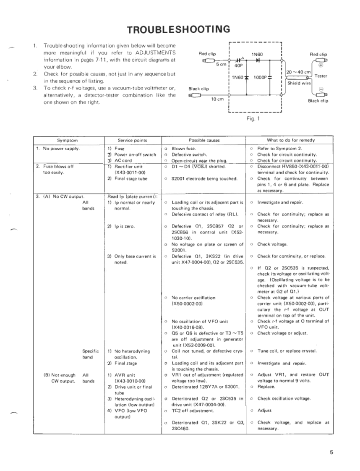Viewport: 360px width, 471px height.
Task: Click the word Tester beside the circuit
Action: tap(321, 76)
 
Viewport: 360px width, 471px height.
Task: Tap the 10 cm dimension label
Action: tap(216, 99)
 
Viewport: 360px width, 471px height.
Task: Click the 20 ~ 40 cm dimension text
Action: tap(298, 72)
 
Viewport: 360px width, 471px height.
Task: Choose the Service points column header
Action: tap(133, 140)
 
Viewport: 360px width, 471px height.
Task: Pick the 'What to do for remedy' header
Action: tap(291, 140)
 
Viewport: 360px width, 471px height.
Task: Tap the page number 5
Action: tap(331, 452)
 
